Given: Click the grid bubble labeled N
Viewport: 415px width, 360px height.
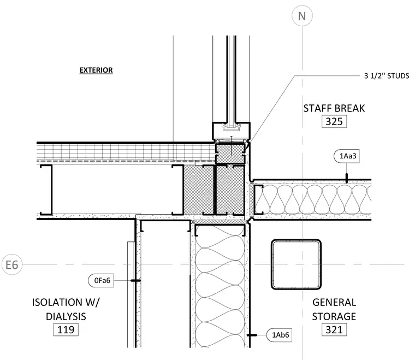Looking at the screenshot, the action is [302, 16].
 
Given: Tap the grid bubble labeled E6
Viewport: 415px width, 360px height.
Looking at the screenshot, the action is [12, 264].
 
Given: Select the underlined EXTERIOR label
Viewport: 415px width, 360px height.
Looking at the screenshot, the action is [96, 70].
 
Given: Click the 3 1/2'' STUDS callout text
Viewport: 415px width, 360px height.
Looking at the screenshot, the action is [387, 76].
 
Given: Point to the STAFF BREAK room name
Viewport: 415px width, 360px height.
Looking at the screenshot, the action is [334, 108].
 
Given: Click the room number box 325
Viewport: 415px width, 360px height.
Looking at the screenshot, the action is [334, 121].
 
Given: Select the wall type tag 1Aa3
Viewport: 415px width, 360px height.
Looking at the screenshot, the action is [346, 156].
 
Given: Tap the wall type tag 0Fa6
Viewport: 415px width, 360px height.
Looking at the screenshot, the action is [101, 280].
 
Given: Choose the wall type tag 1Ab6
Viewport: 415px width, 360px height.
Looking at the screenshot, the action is [279, 335].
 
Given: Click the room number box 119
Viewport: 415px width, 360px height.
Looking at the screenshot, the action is [66, 330].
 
